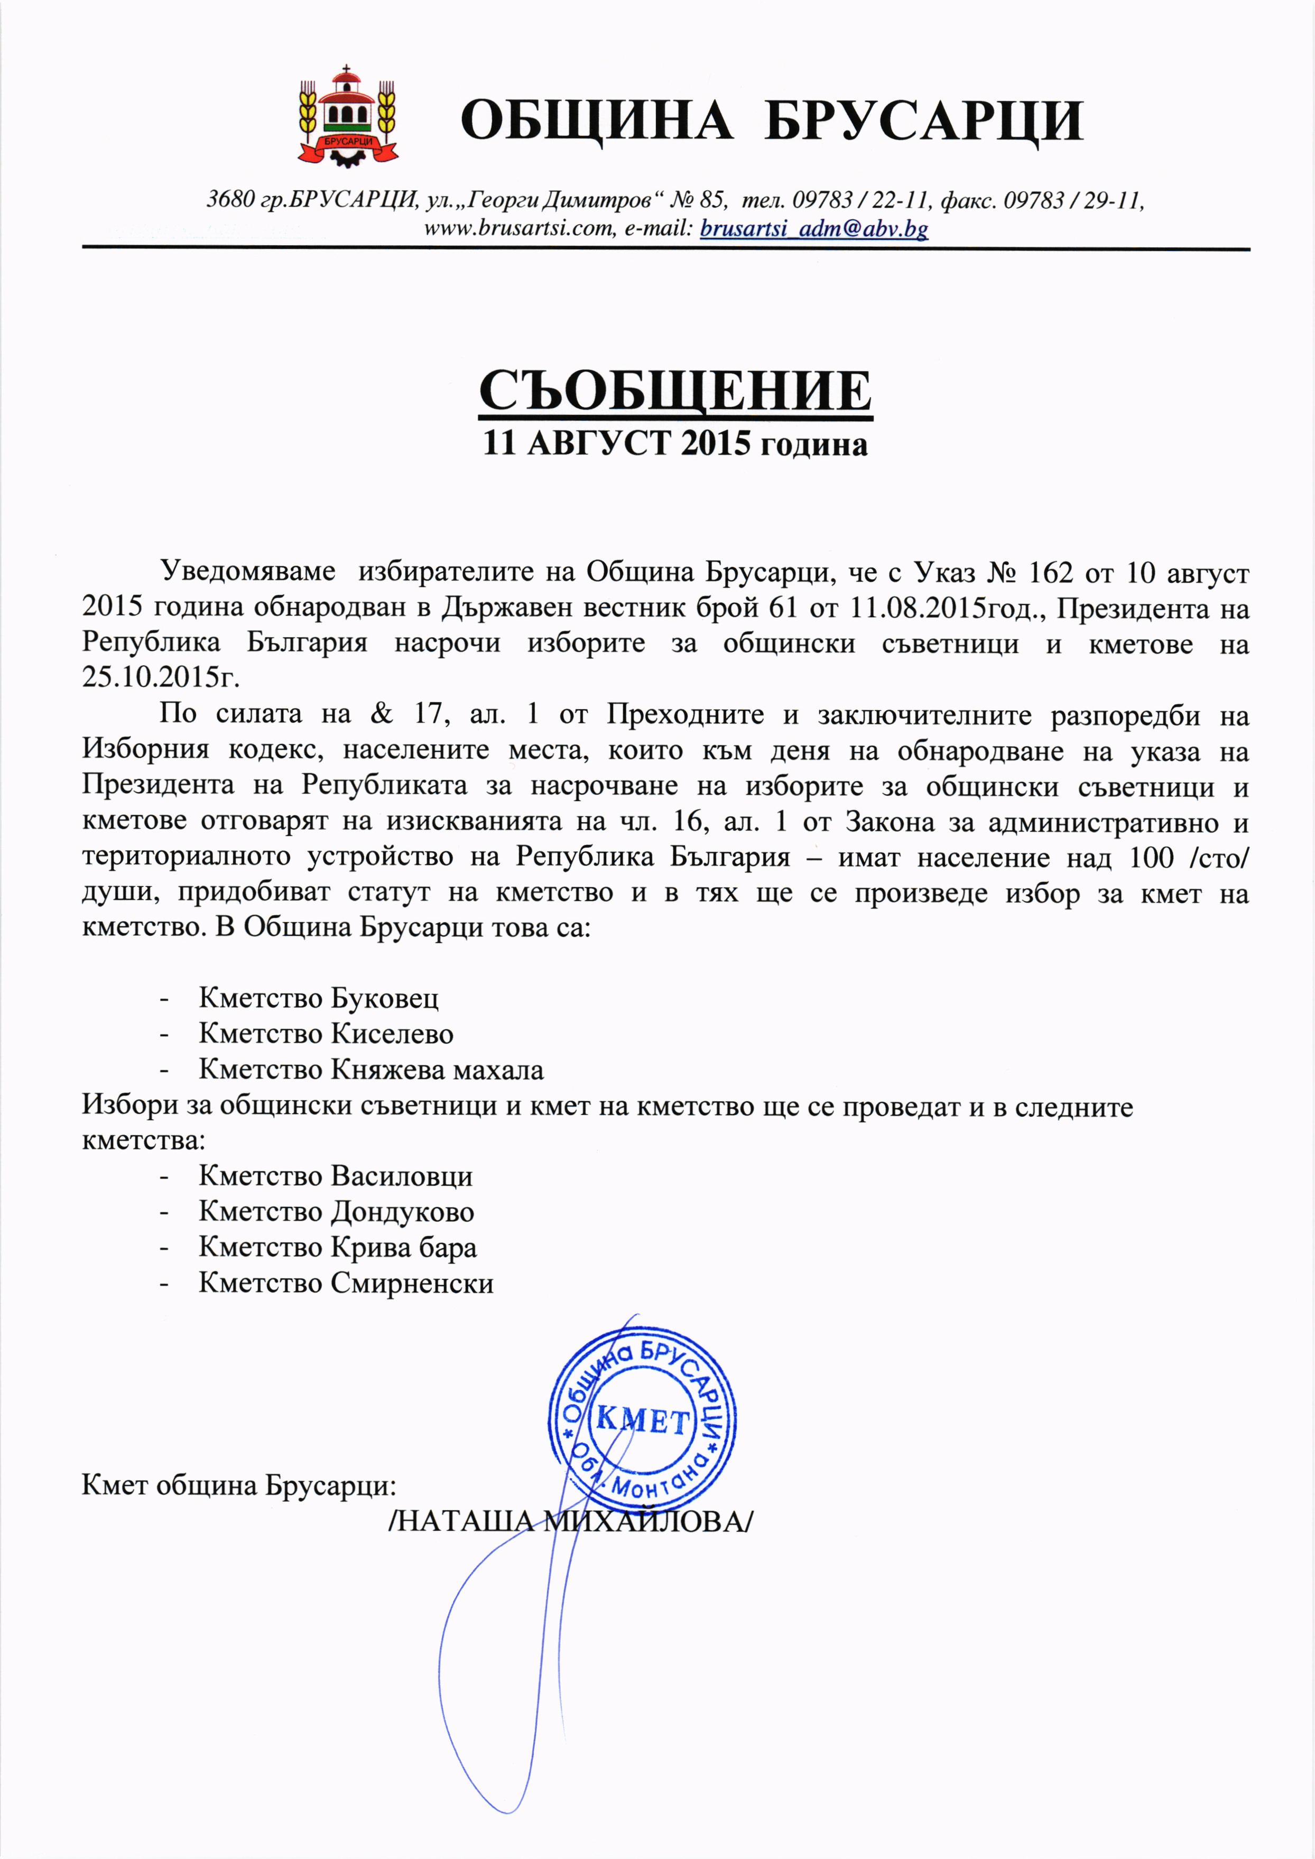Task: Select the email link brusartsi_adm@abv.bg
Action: [x=814, y=229]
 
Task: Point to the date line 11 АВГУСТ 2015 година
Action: [x=675, y=444]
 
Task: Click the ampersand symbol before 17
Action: [x=381, y=713]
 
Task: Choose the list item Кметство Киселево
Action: [x=326, y=1034]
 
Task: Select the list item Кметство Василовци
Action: [x=335, y=1176]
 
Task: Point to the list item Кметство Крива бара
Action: [x=338, y=1247]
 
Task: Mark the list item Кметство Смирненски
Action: [x=346, y=1284]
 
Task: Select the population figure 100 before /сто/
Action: [x=1151, y=858]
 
